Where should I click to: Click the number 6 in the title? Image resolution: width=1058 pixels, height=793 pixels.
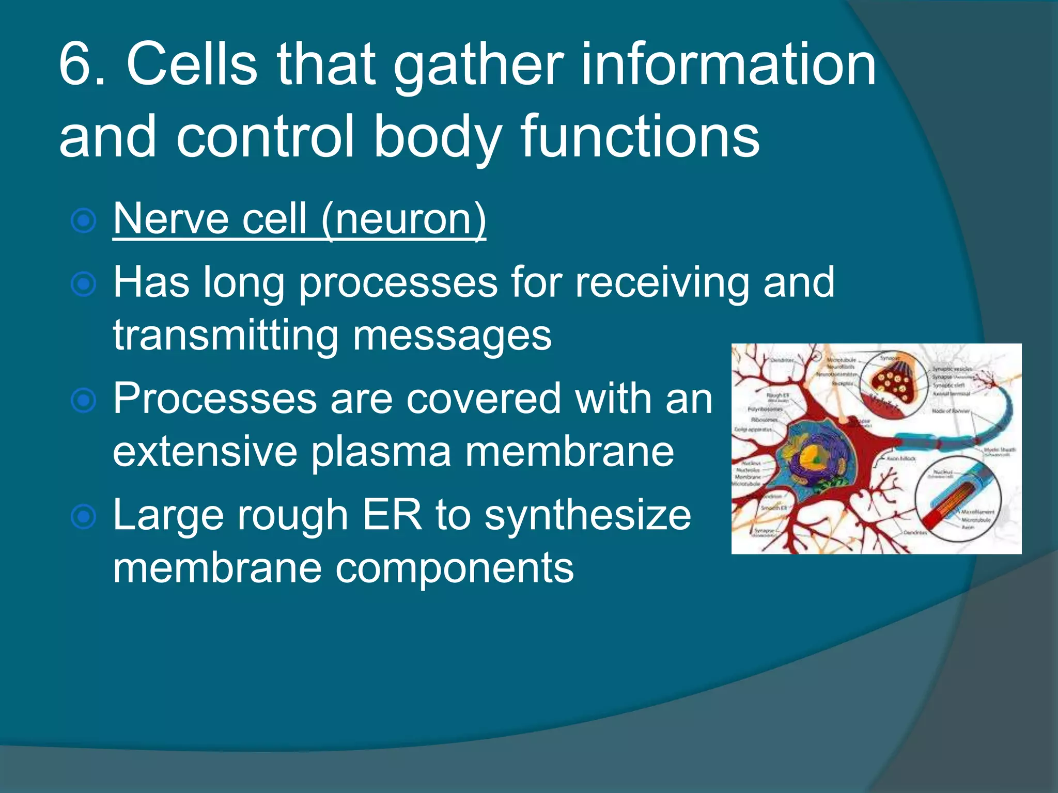76,65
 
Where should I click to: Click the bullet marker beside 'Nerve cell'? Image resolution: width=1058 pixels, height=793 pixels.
84,221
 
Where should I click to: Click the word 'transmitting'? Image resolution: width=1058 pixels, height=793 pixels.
225,336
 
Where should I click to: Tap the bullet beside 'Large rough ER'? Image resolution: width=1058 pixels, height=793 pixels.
84,517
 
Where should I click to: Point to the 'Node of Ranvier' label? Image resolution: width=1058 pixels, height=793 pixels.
950,411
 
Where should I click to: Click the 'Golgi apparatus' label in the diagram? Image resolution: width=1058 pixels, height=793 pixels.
753,429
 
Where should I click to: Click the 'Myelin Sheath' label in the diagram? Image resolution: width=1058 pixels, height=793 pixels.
1000,450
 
